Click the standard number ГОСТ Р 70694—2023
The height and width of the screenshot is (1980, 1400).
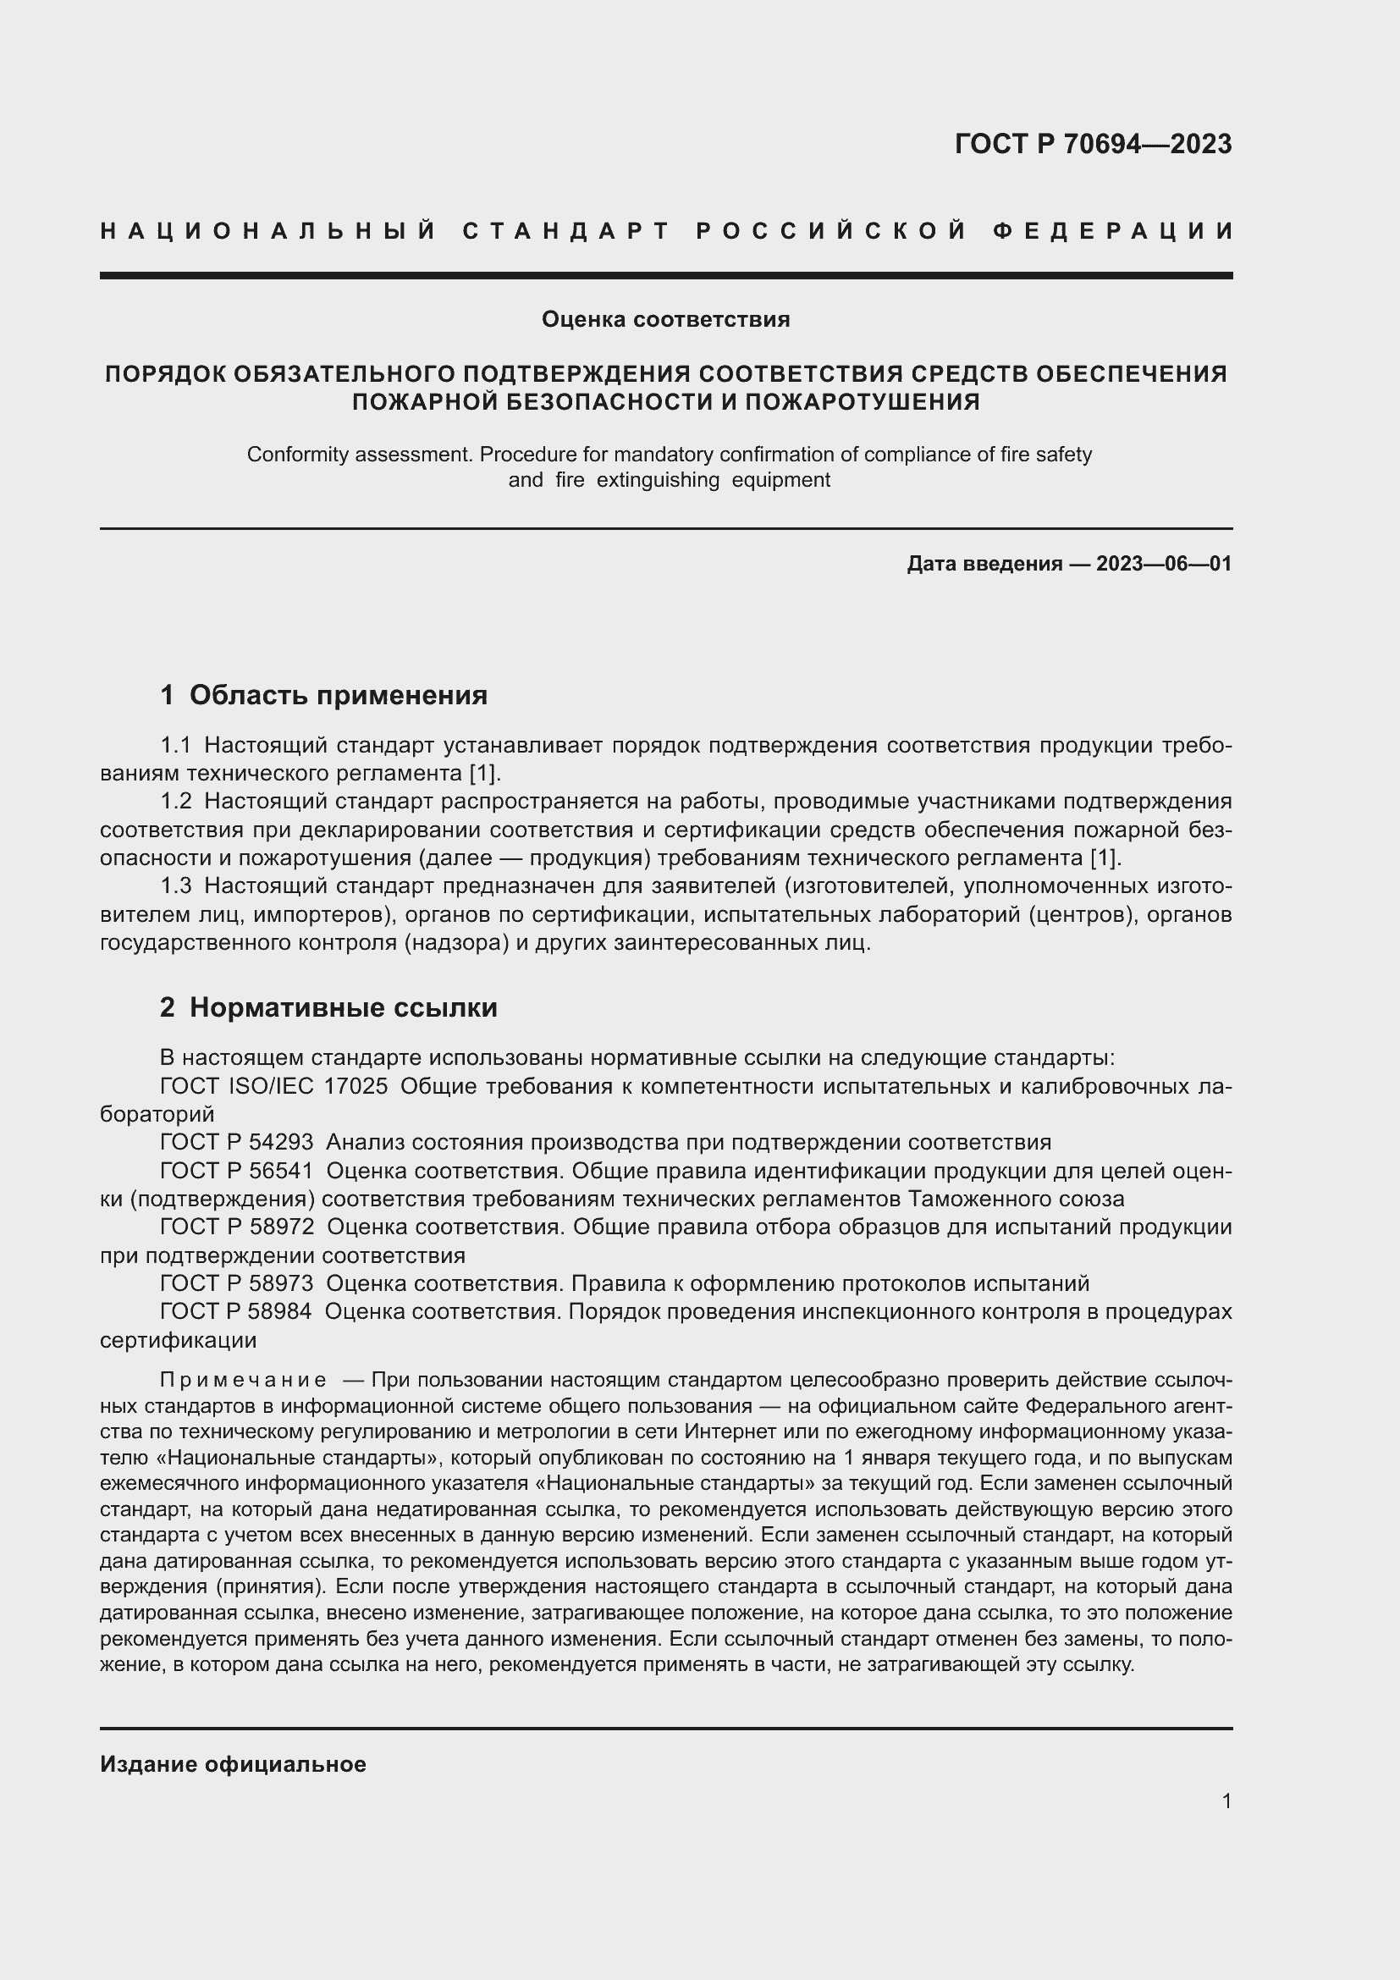tap(1092, 144)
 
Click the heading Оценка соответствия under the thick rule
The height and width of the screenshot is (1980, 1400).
tap(665, 320)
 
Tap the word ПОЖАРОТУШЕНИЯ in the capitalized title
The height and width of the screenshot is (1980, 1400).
tap(862, 402)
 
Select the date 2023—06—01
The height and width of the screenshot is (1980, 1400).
tap(1164, 564)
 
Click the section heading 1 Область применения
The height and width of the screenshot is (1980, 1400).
tap(324, 695)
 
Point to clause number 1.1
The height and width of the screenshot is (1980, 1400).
tap(176, 745)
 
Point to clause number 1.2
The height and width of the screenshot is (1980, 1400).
tap(176, 801)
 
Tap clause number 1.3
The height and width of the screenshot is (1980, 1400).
tap(176, 885)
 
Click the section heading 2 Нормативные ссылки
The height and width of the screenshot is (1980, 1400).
tap(328, 1007)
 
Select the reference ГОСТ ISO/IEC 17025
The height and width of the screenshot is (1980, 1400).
tap(274, 1087)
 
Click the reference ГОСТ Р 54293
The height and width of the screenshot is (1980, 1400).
tap(237, 1143)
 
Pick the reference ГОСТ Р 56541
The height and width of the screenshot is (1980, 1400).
tap(237, 1171)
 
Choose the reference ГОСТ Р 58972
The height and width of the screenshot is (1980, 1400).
tap(237, 1227)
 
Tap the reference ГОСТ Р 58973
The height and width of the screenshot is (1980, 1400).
tap(237, 1284)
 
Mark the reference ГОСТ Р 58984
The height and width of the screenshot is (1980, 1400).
tap(237, 1311)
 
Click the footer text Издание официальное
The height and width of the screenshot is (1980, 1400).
tap(233, 1764)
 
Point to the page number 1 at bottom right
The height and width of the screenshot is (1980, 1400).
tap(1226, 1801)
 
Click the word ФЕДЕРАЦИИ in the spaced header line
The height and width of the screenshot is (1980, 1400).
tap(1113, 231)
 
